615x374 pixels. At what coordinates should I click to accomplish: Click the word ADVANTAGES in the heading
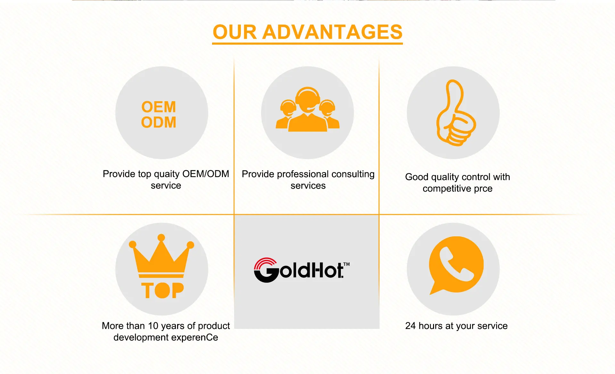coord(332,32)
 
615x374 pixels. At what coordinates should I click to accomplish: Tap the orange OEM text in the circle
coord(159,107)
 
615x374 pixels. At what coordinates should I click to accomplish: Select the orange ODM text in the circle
coord(159,122)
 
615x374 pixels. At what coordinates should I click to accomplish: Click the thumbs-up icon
coord(456,113)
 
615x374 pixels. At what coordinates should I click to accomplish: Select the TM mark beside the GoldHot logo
coord(347,264)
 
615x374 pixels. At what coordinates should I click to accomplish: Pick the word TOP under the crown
coord(162,290)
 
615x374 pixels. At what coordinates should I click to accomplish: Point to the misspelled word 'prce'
coord(483,189)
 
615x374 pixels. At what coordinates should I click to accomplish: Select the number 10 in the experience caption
coord(153,326)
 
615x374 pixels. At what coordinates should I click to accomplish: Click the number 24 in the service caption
coord(410,326)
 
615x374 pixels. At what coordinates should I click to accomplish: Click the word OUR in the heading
coord(235,32)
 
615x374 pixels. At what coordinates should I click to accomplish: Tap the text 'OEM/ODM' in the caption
coord(206,174)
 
